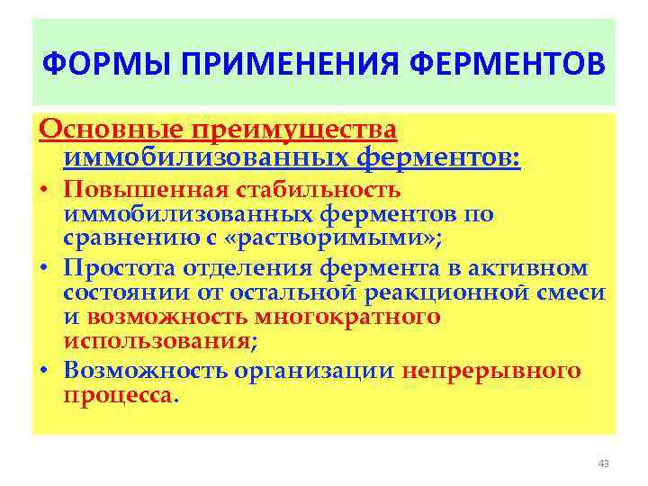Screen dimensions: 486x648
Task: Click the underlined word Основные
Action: point(107,130)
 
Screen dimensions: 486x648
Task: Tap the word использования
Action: point(157,341)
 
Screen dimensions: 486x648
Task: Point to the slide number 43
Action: point(603,463)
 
